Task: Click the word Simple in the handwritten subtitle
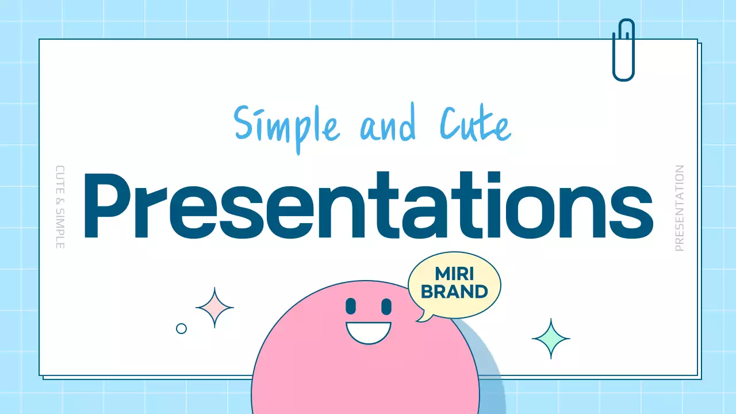287,126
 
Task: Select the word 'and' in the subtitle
388,126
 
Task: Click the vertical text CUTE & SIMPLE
60,207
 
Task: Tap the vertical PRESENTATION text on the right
680,208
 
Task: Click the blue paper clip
623,50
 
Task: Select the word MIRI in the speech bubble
454,274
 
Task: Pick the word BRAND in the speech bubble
454,292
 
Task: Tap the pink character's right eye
386,306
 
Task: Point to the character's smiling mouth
368,332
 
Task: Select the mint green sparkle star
551,339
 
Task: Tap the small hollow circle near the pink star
181,328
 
